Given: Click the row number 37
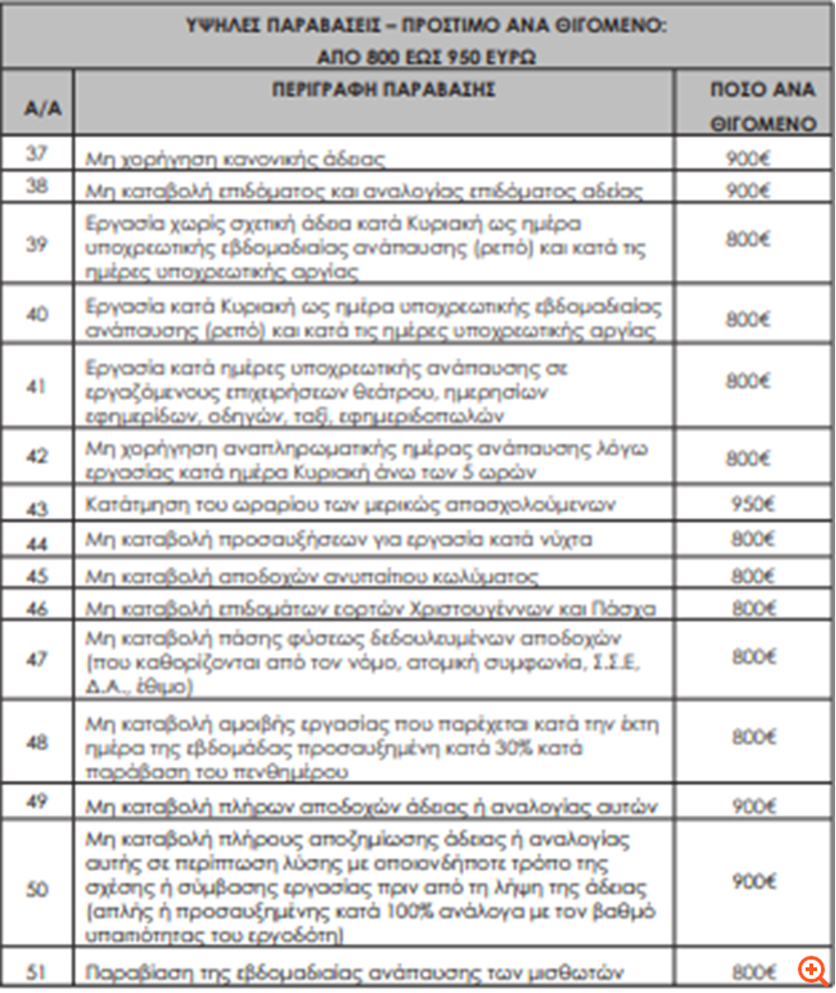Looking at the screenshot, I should pyautogui.click(x=36, y=154).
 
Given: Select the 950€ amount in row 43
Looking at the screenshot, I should pyautogui.click(x=752, y=504).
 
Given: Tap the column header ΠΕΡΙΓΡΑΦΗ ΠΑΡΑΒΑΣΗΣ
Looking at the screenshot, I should pyautogui.click(x=372, y=89).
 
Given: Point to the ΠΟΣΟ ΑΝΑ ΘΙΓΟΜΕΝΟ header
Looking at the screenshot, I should pyautogui.click(x=763, y=106).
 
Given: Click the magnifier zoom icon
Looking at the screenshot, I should pyautogui.click(x=811, y=969).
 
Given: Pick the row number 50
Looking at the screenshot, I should pyautogui.click(x=36, y=887).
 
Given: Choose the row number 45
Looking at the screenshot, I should pyautogui.click(x=36, y=576).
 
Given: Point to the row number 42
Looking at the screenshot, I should pyautogui.click(x=36, y=457).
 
